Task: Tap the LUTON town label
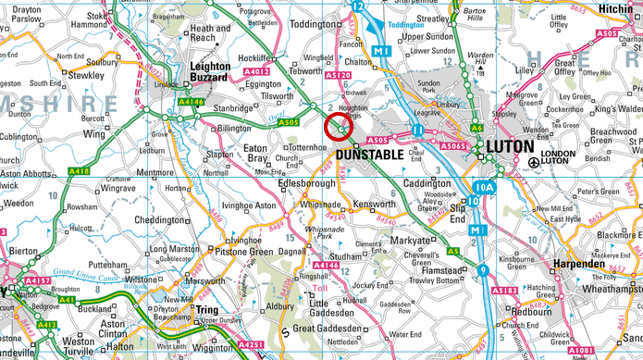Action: [x=511, y=146]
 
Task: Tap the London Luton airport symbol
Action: [x=534, y=163]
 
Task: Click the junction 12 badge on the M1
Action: [x=357, y=6]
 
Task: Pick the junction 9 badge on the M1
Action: [x=484, y=270]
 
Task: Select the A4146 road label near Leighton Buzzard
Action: [x=191, y=102]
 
